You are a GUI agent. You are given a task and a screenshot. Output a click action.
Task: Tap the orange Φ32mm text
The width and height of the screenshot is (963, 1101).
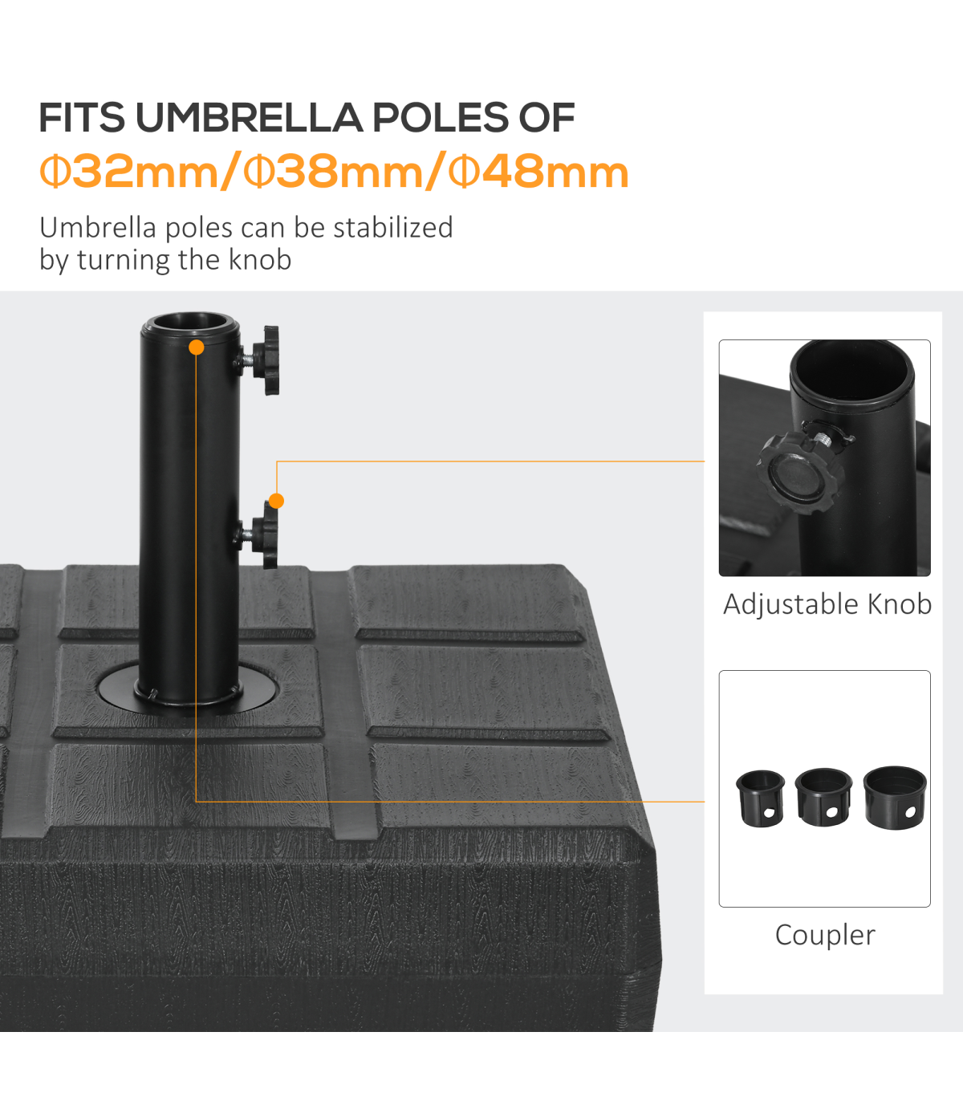tap(130, 171)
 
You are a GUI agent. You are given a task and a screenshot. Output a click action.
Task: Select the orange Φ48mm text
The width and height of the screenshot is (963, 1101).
tap(538, 171)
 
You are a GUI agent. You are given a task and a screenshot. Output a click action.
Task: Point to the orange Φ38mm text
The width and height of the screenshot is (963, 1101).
tap(334, 171)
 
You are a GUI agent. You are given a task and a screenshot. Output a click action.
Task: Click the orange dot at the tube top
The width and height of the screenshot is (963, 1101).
tap(197, 347)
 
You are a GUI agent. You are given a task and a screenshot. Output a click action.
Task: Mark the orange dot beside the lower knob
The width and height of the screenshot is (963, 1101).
tap(276, 501)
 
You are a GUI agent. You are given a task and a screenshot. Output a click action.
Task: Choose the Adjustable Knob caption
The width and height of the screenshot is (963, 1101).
tap(827, 603)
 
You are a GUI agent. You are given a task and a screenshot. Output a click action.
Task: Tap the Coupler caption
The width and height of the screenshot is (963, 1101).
tap(825, 935)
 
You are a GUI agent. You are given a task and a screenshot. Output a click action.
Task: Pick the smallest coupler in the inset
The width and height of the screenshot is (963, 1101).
tap(760, 798)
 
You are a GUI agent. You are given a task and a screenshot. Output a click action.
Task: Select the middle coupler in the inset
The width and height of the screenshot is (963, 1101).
tap(823, 797)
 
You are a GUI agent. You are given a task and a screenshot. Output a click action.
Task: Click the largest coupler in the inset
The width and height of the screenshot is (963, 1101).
tap(896, 798)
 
